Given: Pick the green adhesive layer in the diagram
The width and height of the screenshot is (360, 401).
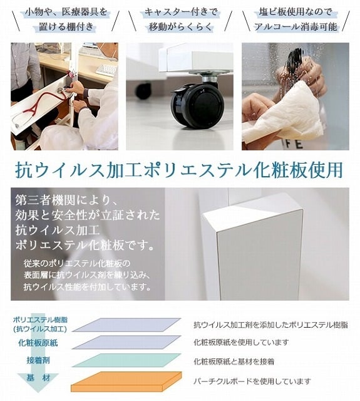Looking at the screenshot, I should coord(125,360).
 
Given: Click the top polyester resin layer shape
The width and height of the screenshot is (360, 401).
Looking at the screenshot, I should coord(125,325).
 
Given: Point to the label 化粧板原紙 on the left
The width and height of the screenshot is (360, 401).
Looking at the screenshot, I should coord(38,343).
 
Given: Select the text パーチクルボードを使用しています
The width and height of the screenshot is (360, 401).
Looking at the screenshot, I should coord(252,381).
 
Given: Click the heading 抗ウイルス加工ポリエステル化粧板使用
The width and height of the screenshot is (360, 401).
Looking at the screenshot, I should coord(179,170).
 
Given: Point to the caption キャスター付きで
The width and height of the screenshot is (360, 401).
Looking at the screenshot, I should coord(179,12).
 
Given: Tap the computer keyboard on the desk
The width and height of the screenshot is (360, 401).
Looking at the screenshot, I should coord(106,69).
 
